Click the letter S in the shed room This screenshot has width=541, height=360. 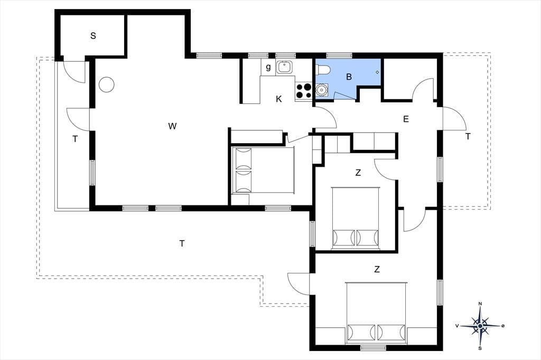[93, 35]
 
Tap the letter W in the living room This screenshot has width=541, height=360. [173, 126]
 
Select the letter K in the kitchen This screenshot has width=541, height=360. [279, 99]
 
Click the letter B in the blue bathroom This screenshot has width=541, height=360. [349, 77]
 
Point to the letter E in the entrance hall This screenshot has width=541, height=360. [406, 119]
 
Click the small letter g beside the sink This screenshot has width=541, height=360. [268, 67]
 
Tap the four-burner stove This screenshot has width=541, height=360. [303, 91]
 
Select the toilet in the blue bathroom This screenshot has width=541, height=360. [324, 70]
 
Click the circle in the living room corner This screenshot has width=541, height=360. [106, 84]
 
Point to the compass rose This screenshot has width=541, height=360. [480, 326]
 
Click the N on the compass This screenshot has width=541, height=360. [480, 304]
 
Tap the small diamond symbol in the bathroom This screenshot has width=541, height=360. [377, 72]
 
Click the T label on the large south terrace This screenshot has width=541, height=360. [182, 244]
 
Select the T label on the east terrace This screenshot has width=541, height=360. [468, 137]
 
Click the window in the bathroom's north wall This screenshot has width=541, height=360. [339, 55]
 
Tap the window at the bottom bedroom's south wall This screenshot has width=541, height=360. [373, 347]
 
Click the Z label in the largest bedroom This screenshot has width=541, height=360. [377, 269]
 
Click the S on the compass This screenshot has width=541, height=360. [480, 348]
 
